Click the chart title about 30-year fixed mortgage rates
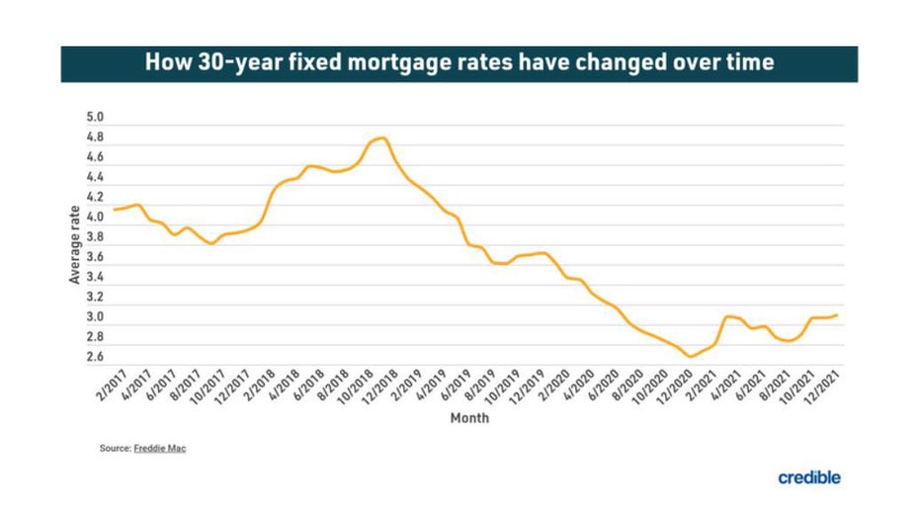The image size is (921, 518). point(460,62)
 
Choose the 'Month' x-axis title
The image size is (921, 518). point(469,418)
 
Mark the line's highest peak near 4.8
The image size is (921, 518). point(382,138)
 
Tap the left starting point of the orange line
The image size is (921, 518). point(114,210)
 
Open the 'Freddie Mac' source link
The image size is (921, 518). point(159,448)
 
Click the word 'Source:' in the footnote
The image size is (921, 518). point(115,448)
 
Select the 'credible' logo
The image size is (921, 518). point(808,477)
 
